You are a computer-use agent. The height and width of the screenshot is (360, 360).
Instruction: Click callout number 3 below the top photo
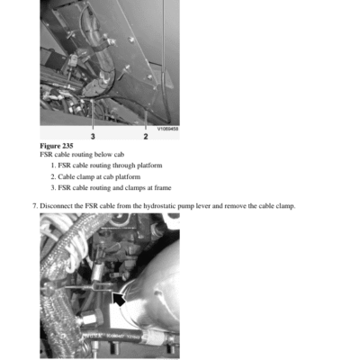coord(93,137)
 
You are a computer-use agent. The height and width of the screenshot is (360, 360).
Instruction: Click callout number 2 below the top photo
coord(146,137)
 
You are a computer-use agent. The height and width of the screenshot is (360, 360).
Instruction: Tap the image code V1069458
coord(168,129)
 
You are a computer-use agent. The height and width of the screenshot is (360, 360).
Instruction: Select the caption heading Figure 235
coord(57,146)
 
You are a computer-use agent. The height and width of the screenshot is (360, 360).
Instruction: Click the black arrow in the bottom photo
coord(119,300)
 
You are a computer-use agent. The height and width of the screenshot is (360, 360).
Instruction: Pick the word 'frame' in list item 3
coord(163,188)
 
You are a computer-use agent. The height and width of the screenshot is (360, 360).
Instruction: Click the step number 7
coord(35,206)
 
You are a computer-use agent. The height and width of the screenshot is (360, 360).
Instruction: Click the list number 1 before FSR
coord(53,166)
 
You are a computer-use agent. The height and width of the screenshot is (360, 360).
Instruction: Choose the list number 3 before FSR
coord(53,188)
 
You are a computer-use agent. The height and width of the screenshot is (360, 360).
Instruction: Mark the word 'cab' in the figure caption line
coord(119,155)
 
